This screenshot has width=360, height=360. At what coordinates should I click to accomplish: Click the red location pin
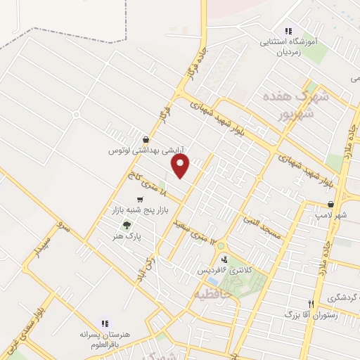tap(181, 166)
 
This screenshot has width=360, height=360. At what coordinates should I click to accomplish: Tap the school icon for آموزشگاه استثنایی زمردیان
tap(288, 31)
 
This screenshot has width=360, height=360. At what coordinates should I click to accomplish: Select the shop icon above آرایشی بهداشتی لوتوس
tap(145, 139)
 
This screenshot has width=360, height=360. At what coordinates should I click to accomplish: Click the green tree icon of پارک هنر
tap(127, 225)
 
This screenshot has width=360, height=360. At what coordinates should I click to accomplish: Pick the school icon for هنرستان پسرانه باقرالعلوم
tap(105, 324)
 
